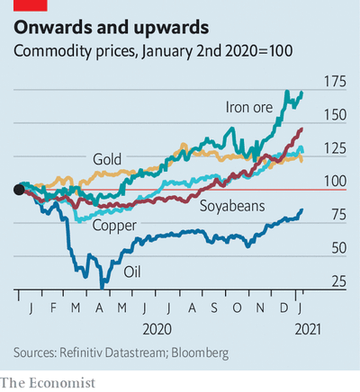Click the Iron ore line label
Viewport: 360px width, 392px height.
click(249, 107)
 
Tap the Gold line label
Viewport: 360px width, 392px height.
click(107, 159)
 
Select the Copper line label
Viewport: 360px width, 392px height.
click(114, 226)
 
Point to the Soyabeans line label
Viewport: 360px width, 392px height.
click(232, 206)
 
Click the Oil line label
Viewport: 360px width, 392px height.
click(132, 272)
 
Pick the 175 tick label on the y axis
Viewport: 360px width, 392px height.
click(335, 82)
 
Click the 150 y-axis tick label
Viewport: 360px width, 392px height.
click(335, 115)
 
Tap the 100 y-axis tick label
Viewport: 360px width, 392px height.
click(335, 182)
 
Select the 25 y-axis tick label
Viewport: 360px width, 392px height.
click(339, 281)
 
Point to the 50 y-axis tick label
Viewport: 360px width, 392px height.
click(339, 248)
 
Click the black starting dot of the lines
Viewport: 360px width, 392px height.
click(19, 190)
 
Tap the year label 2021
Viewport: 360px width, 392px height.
click(308, 330)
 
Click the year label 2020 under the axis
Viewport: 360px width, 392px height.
click(157, 330)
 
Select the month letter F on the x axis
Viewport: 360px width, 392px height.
click(53, 307)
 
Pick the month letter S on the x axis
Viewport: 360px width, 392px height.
click(214, 307)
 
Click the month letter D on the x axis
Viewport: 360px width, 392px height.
click(283, 307)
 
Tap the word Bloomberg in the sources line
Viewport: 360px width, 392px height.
click(200, 352)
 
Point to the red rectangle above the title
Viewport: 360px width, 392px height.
click(31, 5)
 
